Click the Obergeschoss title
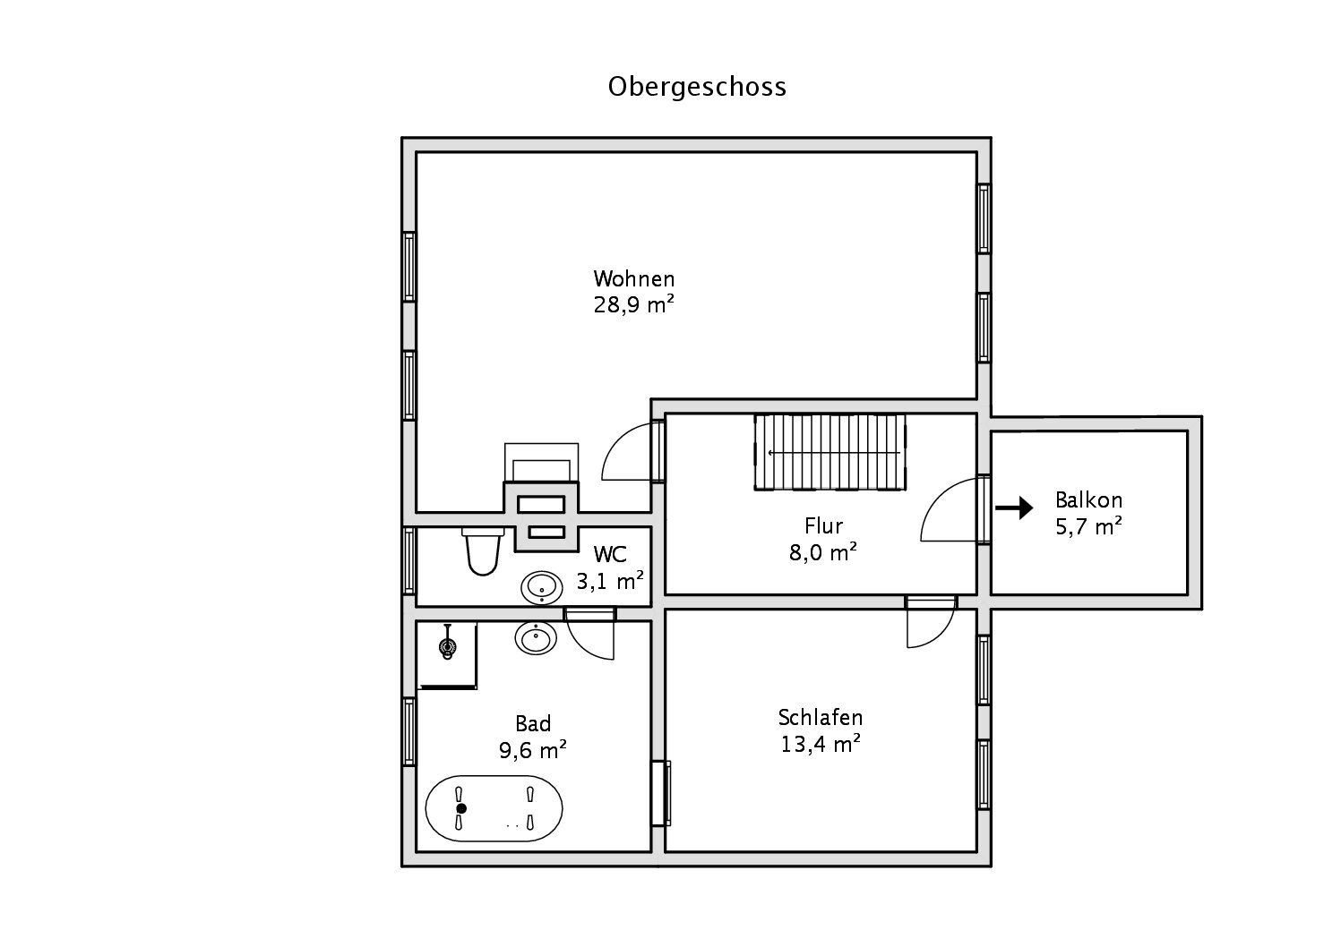tap(697, 88)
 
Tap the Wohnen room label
tap(634, 278)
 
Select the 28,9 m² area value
tap(634, 304)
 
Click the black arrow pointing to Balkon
tap(1014, 508)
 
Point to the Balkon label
tap(1088, 500)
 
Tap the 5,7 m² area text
tap(1088, 526)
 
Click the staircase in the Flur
tap(830, 453)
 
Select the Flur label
tap(823, 525)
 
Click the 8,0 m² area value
tap(822, 552)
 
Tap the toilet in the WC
tap(483, 551)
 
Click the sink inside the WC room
tap(542, 587)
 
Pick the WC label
tap(610, 555)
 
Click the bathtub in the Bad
tap(494, 808)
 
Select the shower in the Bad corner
tap(447, 656)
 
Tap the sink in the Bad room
tap(536, 637)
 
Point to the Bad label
tap(533, 724)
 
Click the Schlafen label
tap(821, 717)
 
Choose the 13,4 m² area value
tap(821, 744)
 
